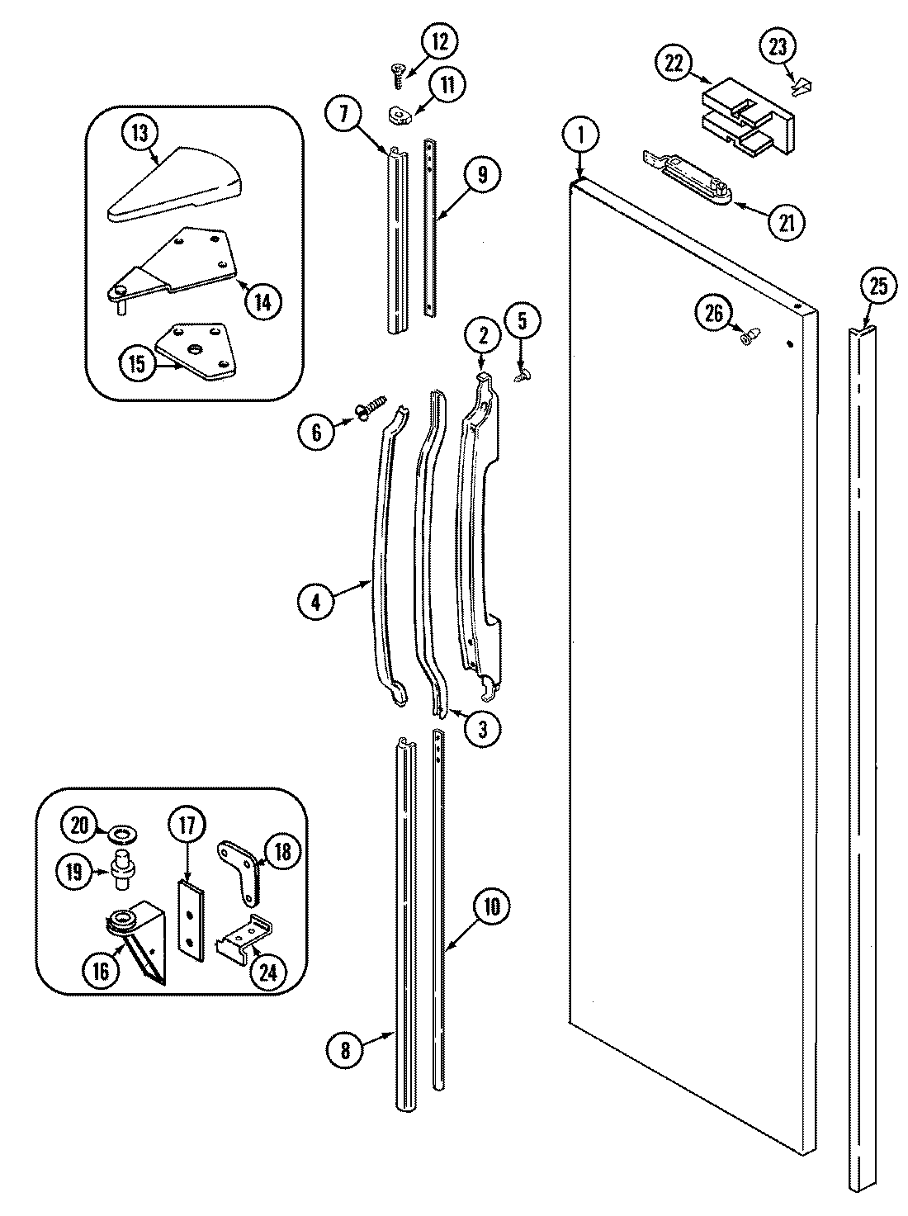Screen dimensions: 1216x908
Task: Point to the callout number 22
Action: tap(674, 64)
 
